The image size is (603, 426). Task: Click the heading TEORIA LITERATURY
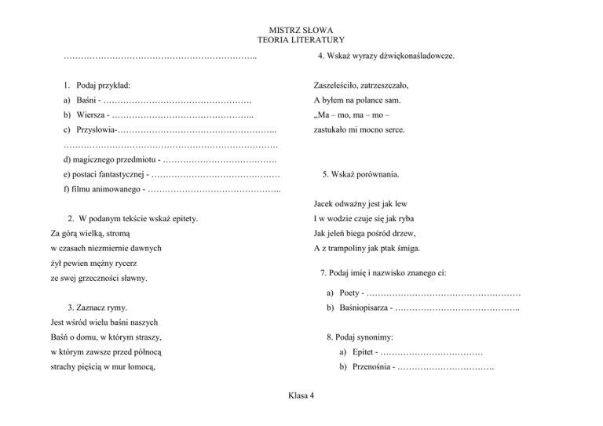[301, 39]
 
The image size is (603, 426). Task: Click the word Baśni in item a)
[87, 101]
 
